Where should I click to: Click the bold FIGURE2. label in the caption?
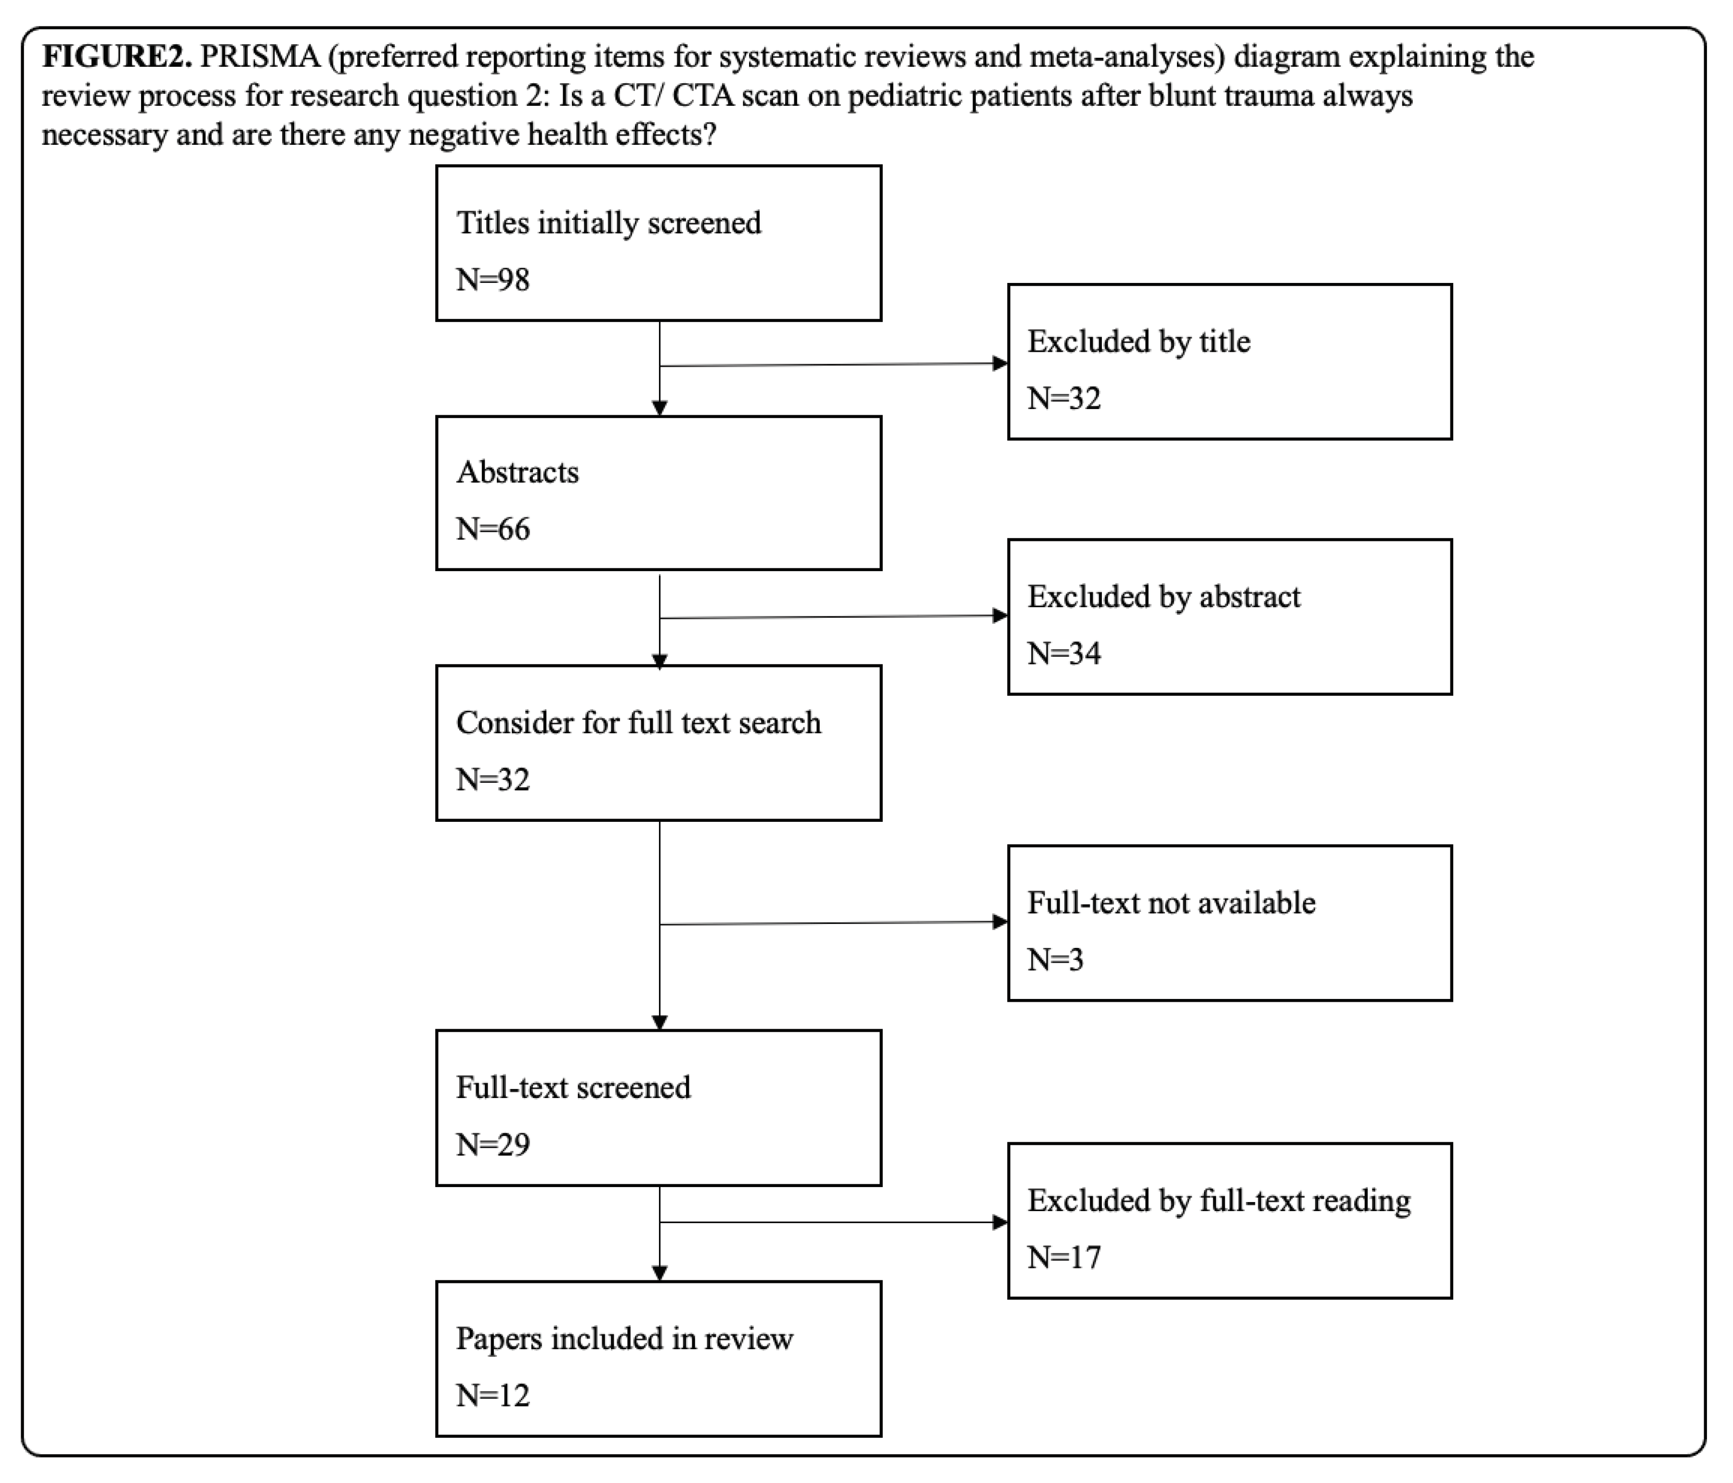click(x=116, y=57)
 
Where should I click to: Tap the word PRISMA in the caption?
click(x=260, y=57)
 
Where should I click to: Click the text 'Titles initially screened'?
click(x=608, y=223)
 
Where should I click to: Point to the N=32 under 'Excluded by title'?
click(x=1064, y=398)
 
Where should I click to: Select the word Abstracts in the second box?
click(x=517, y=473)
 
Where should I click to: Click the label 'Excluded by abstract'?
click(x=1164, y=596)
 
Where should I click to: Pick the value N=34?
click(x=1064, y=653)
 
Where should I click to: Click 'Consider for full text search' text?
click(x=638, y=722)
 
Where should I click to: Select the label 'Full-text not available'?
click(x=1171, y=902)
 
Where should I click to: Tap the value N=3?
click(x=1055, y=959)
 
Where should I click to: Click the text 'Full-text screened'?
click(x=573, y=1087)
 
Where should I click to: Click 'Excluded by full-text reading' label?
click(x=1218, y=1201)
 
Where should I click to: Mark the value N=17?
click(x=1064, y=1256)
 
